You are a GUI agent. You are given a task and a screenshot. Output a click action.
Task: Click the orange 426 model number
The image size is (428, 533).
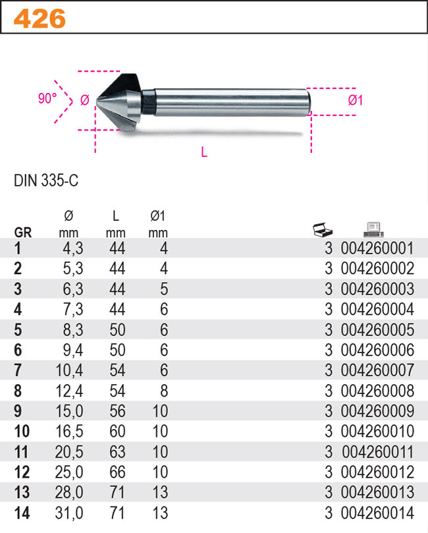[40, 18]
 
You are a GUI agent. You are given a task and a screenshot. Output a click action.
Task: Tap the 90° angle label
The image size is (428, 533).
[47, 98]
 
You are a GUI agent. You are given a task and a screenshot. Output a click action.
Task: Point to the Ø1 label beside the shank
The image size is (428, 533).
[356, 100]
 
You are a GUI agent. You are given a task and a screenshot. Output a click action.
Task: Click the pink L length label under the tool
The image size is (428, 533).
[204, 152]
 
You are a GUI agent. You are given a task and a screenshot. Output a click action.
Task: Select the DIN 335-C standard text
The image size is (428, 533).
[46, 180]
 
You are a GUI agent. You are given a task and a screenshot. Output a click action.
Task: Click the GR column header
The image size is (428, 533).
[23, 233]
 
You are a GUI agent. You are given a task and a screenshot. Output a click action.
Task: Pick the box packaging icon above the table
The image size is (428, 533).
[323, 229]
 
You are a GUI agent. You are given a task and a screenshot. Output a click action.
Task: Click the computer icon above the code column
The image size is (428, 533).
[373, 230]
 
